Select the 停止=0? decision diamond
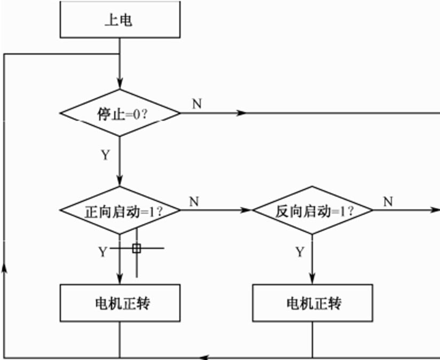tap(120, 113)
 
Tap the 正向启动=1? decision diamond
tap(120, 210)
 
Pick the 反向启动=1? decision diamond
tap(312, 210)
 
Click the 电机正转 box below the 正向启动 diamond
tap(120, 303)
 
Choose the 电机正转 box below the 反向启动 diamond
tap(312, 303)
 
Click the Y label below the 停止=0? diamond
tap(105, 155)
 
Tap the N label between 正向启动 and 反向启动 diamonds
tap(194, 201)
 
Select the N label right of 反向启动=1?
tap(388, 201)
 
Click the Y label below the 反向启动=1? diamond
tap(300, 251)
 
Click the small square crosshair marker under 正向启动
tap(137, 248)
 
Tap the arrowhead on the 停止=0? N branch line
tap(241, 113)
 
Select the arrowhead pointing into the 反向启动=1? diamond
tap(246, 210)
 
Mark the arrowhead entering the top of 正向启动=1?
tap(120, 182)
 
